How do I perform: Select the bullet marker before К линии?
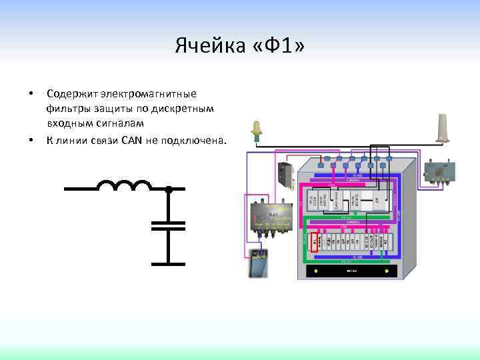pos(29,140)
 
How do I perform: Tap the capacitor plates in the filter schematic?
pos(169,224)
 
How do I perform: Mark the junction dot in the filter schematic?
pos(169,189)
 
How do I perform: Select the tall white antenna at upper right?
pos(443,128)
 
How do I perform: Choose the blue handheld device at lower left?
pos(259,263)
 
